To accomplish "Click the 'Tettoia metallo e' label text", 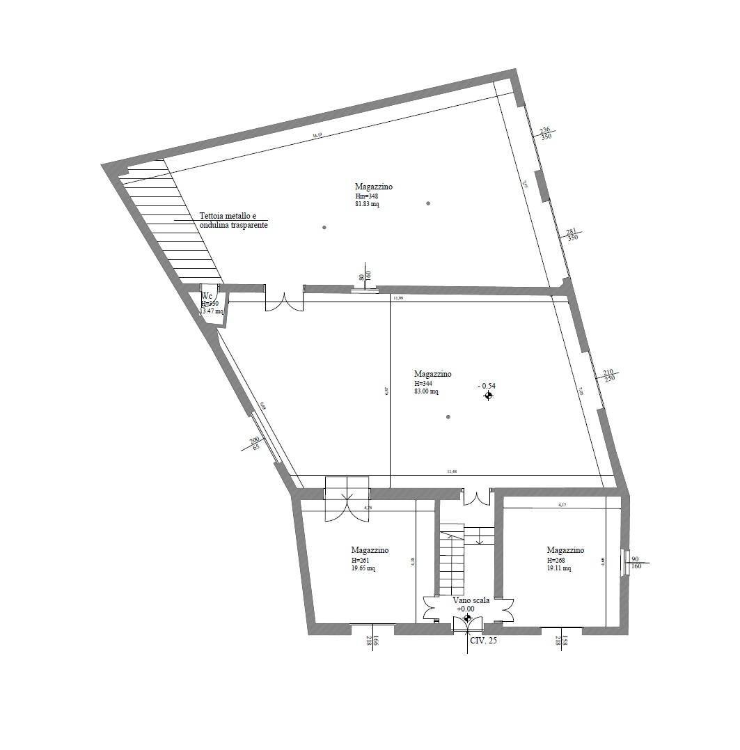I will point(228,216).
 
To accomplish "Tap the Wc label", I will point(206,296).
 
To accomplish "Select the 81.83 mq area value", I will point(367,205).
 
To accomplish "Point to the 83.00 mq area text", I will point(426,391).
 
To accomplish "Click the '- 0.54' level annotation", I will point(487,385).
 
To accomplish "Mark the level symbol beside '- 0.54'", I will point(489,396).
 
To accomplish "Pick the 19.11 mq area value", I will point(559,568).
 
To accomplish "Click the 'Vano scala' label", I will point(471,600).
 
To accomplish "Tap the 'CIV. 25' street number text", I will point(484,641).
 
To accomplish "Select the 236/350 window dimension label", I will point(546,133).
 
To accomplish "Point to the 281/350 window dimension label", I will point(572,235).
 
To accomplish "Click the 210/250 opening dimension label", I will point(608,375).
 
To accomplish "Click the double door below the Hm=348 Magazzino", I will point(283,299).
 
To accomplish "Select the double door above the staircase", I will point(477,498).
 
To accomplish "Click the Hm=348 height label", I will point(366,196).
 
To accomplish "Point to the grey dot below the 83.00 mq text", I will point(448,417).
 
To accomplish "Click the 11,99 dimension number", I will point(398,298).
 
